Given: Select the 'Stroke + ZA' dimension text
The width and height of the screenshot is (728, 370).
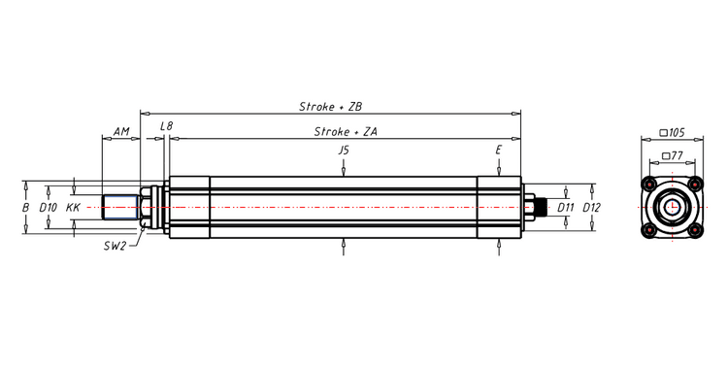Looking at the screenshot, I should pos(345,131).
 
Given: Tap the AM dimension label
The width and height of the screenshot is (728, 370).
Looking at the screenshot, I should pos(121,130).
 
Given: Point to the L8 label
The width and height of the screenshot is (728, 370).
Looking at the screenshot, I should pos(166,126).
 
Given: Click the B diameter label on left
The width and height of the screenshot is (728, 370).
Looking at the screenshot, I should pos(25,207).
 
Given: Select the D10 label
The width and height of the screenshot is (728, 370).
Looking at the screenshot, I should pos(49,207).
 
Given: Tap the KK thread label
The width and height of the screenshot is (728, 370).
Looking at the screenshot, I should pos(73,207).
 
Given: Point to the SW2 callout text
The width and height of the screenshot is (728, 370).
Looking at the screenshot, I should pos(115,247).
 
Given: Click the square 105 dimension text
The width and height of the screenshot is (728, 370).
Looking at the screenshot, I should pos(672,131).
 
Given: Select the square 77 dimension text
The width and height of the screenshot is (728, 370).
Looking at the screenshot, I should pos(672,154).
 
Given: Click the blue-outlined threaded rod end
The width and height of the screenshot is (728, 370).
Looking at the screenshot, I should pos(121,207).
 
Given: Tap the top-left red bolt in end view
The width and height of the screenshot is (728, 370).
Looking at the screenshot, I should pos(647,184).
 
